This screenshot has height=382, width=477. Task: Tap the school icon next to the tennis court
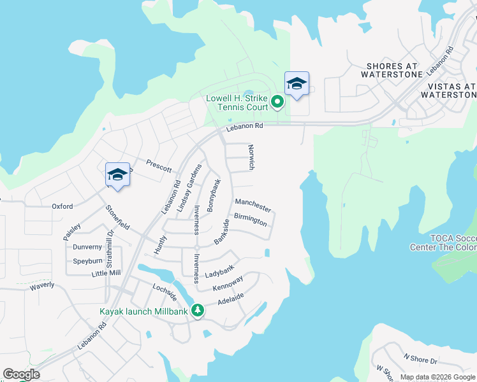click(297, 85)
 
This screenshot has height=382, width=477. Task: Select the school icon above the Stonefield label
click(117, 175)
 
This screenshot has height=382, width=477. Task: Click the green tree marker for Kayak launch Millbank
click(198, 311)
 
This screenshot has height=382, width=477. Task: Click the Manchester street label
click(253, 205)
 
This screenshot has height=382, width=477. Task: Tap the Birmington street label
click(250, 220)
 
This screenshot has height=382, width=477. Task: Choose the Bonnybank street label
click(214, 195)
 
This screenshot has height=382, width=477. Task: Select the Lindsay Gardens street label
click(189, 188)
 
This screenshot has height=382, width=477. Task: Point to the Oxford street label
click(62, 206)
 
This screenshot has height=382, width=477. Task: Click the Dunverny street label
click(87, 247)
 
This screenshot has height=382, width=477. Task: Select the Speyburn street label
click(87, 260)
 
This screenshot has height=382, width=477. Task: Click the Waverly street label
click(42, 286)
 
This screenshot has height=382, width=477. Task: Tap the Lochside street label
click(164, 293)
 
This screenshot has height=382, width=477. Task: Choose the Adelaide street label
click(231, 300)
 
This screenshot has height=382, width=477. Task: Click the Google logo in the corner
click(21, 374)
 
